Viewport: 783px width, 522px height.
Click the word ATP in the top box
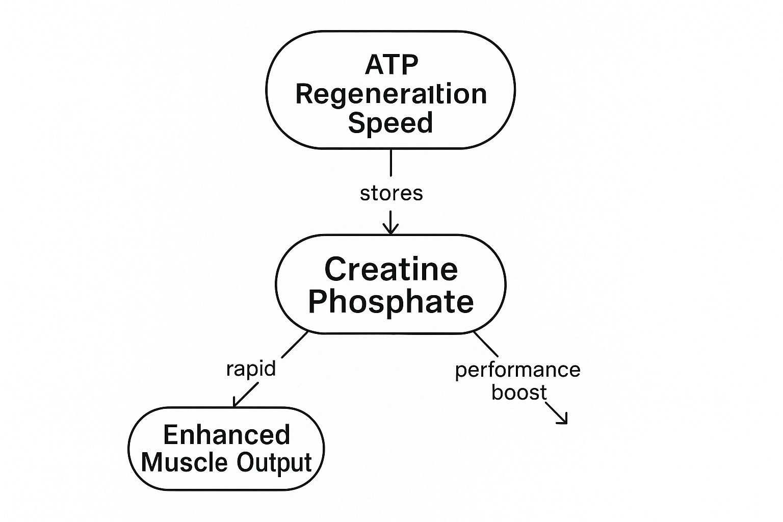click(391, 65)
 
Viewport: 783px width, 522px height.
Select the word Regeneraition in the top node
click(391, 94)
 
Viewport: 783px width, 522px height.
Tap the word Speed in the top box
click(390, 123)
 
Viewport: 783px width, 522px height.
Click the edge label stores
click(391, 194)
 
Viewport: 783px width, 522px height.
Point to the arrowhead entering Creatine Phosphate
click(391, 228)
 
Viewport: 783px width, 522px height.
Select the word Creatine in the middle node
click(391, 269)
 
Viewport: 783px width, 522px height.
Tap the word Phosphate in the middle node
click(391, 301)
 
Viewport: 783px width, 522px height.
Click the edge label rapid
click(251, 368)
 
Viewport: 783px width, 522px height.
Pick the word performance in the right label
click(517, 370)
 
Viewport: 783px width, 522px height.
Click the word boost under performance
click(519, 393)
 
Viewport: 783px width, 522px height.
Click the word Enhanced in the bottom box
click(226, 435)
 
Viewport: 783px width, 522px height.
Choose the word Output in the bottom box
click(274, 462)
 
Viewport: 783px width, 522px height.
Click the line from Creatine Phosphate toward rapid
click(295, 345)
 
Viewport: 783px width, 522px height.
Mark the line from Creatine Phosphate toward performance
click(486, 344)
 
